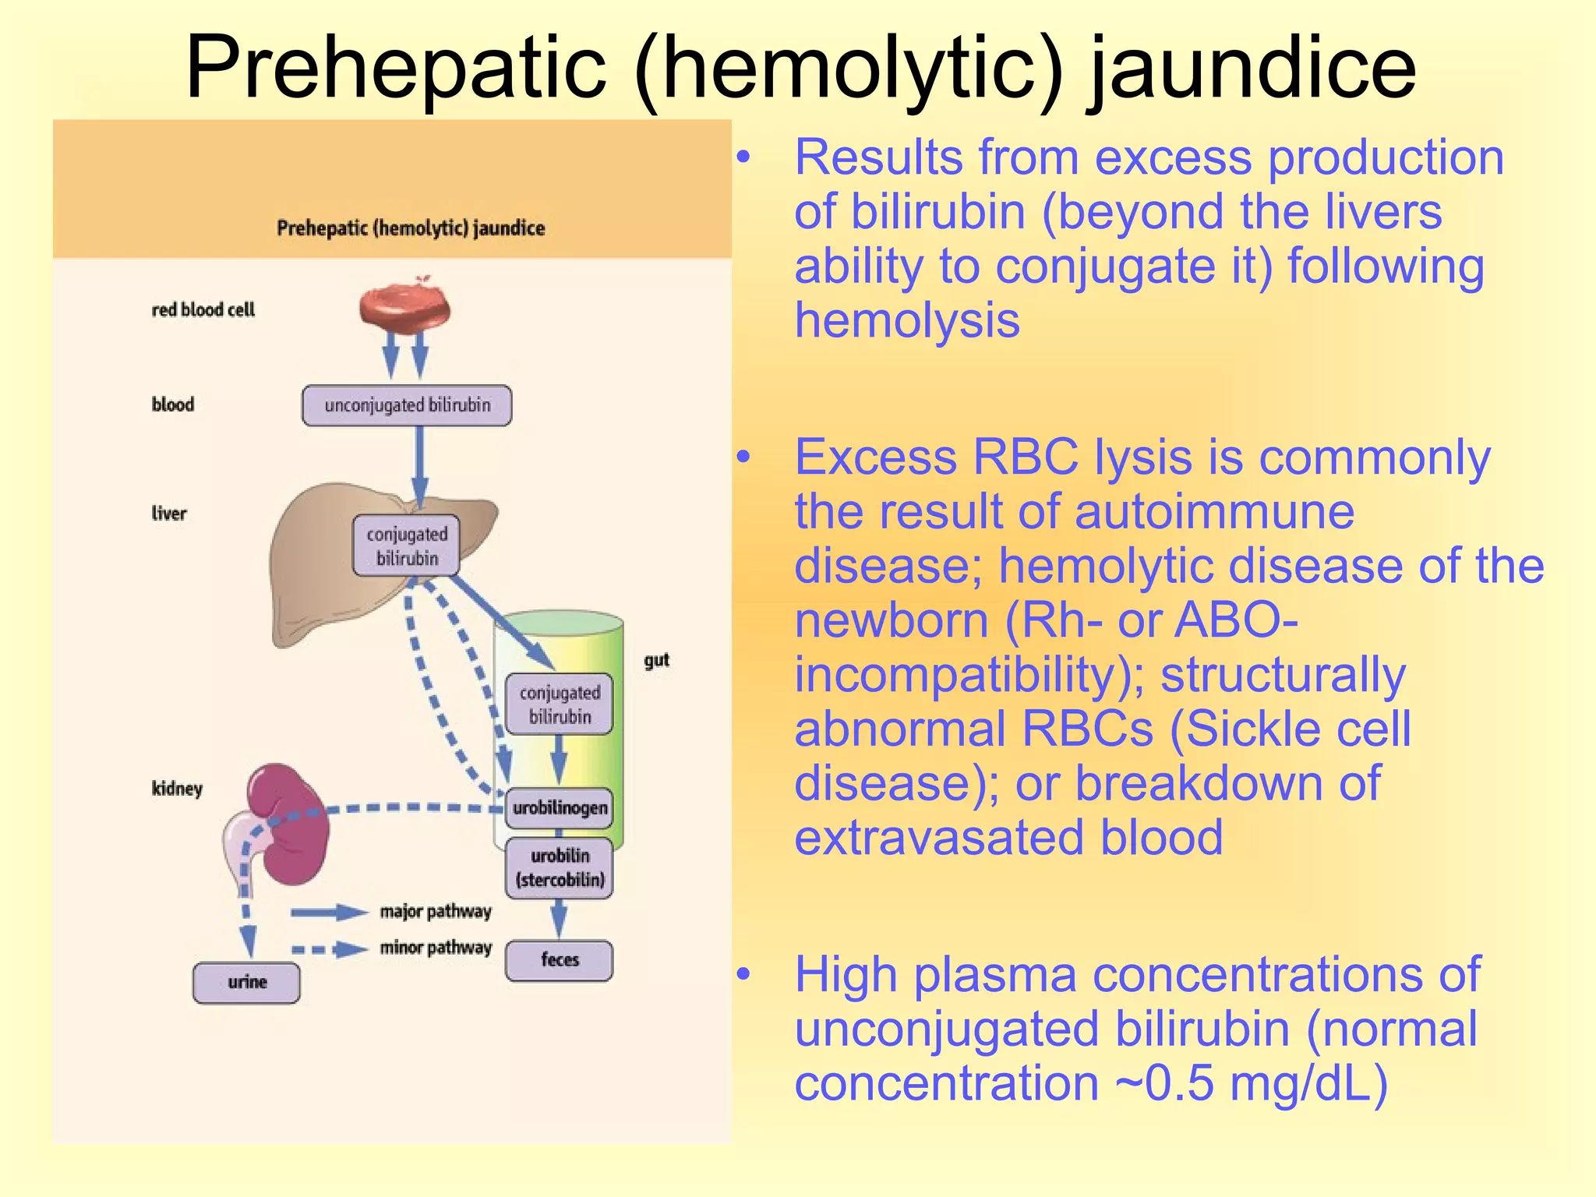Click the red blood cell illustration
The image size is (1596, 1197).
tap(404, 307)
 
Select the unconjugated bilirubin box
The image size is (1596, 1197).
tap(407, 405)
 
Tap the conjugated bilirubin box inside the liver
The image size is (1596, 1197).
tap(406, 546)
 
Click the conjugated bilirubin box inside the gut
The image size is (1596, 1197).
tap(559, 704)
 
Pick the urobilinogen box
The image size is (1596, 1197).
tap(559, 807)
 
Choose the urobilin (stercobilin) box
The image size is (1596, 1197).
tap(559, 868)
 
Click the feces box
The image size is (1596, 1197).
tap(559, 960)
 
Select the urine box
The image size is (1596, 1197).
tap(246, 983)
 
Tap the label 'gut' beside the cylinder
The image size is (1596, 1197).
tap(656, 660)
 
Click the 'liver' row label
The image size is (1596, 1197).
tap(169, 514)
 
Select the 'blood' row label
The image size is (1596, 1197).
tap(172, 404)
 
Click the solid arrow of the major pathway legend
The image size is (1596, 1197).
tap(328, 912)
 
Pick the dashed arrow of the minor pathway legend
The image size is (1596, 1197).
tap(328, 949)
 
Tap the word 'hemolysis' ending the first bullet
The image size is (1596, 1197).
tap(906, 320)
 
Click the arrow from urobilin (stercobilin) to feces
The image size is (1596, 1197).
tap(559, 920)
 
